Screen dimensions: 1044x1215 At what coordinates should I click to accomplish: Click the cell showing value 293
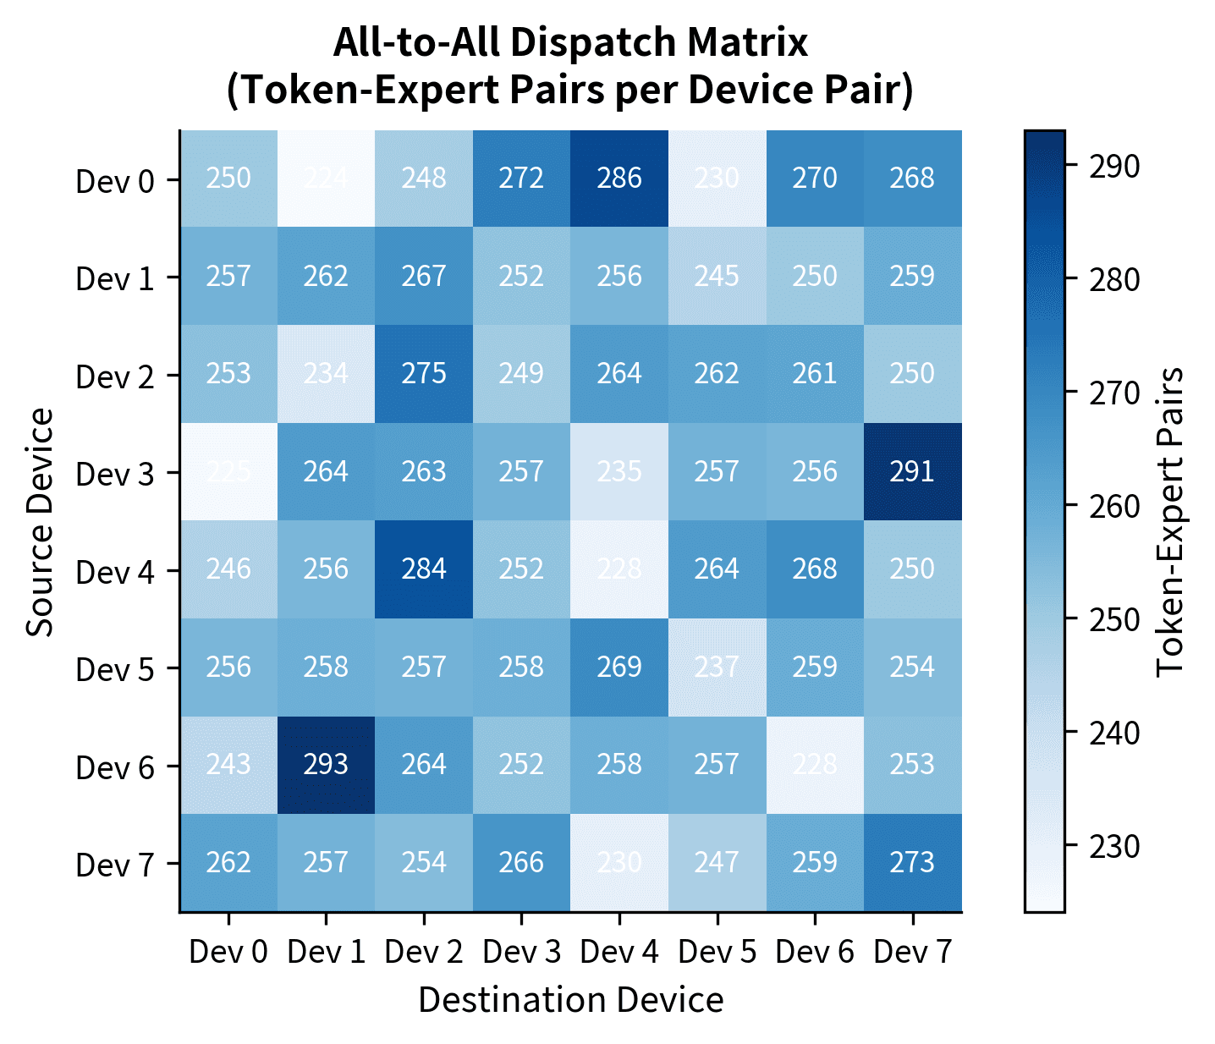(x=326, y=765)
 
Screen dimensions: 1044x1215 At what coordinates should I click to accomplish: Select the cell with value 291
(x=912, y=471)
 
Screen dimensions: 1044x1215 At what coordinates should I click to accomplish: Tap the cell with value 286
(x=619, y=179)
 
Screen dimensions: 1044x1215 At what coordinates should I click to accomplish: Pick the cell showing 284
(x=424, y=569)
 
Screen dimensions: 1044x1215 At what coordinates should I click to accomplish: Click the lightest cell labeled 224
(x=326, y=179)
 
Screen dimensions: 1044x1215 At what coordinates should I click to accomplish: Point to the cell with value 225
(x=228, y=471)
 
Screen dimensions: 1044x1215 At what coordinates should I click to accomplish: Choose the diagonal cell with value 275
(x=424, y=374)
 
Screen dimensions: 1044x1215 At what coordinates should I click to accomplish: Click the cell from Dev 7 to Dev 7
(x=912, y=863)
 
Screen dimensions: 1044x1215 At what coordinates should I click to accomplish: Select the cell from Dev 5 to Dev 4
(x=619, y=667)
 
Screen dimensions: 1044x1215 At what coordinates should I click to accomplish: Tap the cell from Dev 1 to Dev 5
(x=717, y=276)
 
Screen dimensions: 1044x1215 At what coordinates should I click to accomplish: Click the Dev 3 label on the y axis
(x=115, y=474)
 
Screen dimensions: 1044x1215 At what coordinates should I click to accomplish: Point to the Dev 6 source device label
(x=115, y=767)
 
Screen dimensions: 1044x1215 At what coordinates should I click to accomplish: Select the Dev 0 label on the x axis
(x=228, y=952)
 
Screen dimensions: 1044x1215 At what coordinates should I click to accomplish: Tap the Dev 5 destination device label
(x=717, y=952)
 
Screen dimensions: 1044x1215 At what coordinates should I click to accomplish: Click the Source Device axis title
(x=40, y=521)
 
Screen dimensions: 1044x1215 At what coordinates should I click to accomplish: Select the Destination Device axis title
(x=570, y=1000)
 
